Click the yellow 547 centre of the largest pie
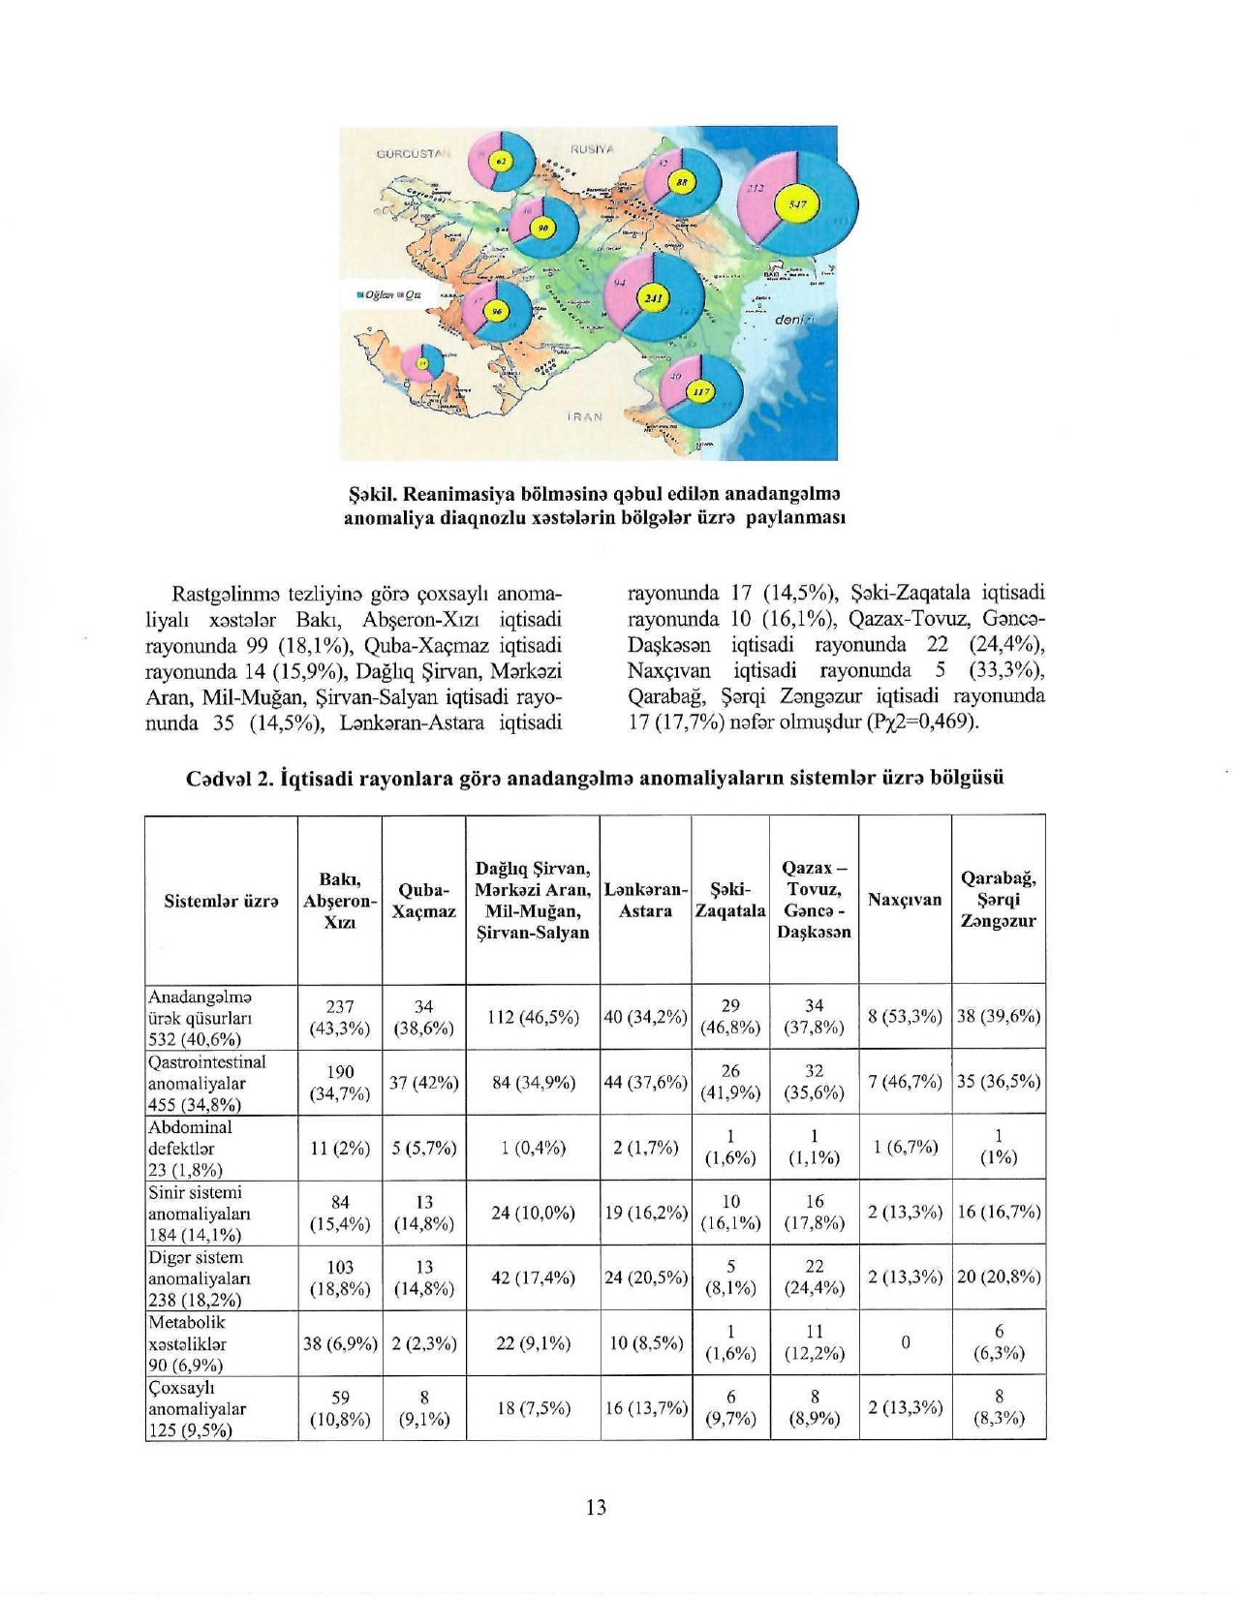coord(798,205)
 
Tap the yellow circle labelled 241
coord(652,298)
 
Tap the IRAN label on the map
coord(584,417)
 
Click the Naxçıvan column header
coord(905,900)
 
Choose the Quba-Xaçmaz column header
coord(423,900)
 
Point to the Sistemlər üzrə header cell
coord(221,900)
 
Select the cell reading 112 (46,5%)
coord(533,1017)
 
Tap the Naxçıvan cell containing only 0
coord(905,1343)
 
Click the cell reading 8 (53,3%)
coord(905,1017)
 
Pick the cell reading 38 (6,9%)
coord(340,1343)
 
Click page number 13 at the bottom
coord(597,1507)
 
